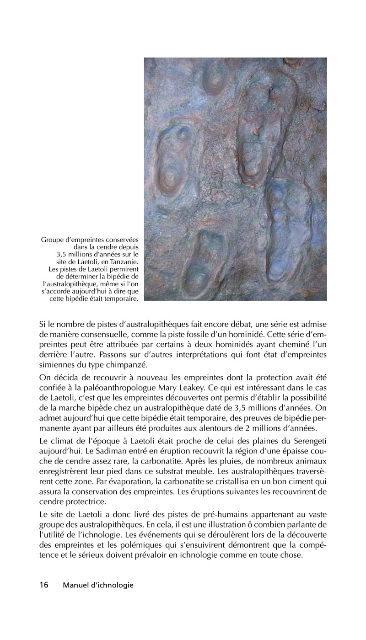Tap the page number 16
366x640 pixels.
tap(44, 585)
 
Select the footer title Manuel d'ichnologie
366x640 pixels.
tap(98, 585)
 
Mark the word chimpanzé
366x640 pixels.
tap(133, 364)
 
